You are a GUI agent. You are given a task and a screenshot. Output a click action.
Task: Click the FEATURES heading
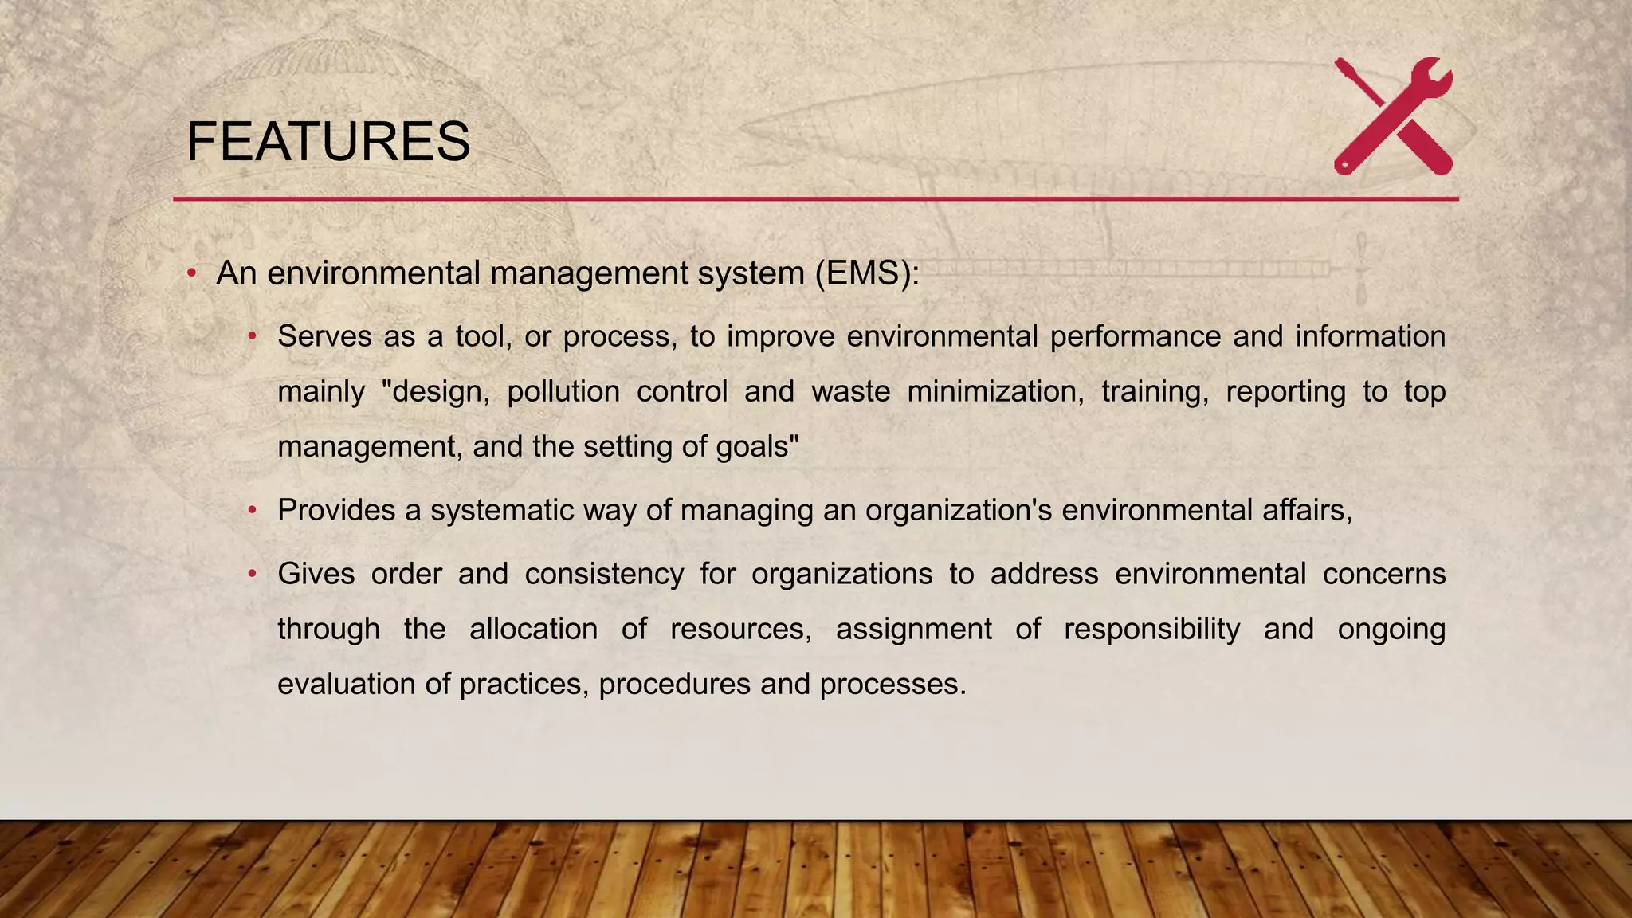pyautogui.click(x=328, y=142)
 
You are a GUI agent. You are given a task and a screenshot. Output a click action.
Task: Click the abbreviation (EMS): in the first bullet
pyautogui.click(x=867, y=273)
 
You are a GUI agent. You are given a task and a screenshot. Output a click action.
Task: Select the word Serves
pyautogui.click(x=324, y=336)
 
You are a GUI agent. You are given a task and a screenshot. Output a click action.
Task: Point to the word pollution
pyautogui.click(x=563, y=391)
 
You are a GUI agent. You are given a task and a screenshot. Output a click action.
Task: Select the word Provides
pyautogui.click(x=336, y=510)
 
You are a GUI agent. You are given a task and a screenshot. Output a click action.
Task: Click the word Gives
pyautogui.click(x=316, y=574)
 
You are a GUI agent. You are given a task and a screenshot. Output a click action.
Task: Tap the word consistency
pyautogui.click(x=604, y=574)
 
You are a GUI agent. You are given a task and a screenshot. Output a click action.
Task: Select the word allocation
pyautogui.click(x=533, y=629)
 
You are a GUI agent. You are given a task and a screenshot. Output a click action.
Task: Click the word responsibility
pyautogui.click(x=1151, y=629)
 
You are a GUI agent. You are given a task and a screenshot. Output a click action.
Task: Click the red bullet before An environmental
pyautogui.click(x=191, y=274)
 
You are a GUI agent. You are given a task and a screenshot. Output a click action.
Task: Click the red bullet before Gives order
pyautogui.click(x=252, y=574)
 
